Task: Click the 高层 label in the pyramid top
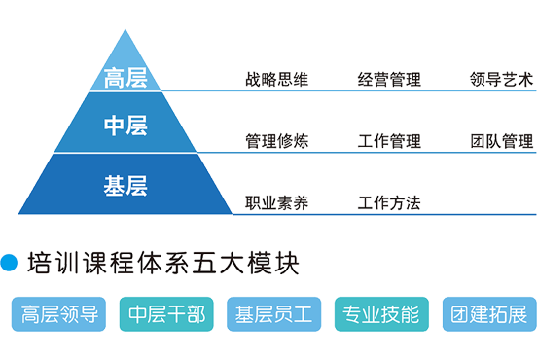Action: pos(125,78)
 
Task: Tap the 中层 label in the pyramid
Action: pos(125,126)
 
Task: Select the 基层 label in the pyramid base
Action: pos(125,186)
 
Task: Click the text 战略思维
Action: pos(276,79)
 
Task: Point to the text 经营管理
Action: pos(389,79)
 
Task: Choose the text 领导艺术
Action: pos(501,79)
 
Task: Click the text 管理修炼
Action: pos(276,141)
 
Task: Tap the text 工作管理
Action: pos(389,141)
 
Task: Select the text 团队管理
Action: pos(501,141)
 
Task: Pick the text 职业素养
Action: pos(276,202)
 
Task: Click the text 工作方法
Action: pos(389,202)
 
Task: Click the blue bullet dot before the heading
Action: pos(9,263)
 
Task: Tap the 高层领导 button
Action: pos(58,314)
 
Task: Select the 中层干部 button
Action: pos(166,314)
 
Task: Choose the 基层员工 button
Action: pos(274,314)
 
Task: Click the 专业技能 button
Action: pos(381,314)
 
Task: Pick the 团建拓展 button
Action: pos(489,314)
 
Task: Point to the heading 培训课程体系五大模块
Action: pos(163,263)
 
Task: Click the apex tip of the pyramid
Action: pos(125,29)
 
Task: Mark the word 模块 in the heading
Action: pos(273,263)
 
